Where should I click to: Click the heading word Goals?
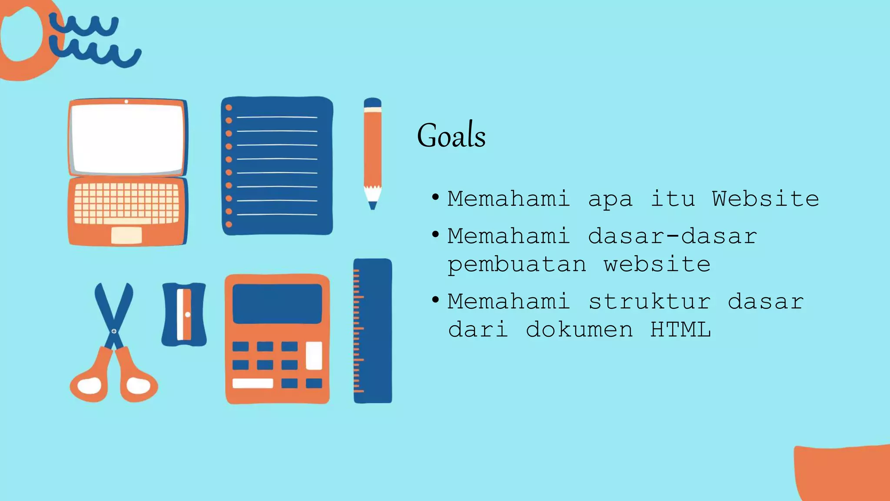[451, 136]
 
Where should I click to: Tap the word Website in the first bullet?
[765, 199]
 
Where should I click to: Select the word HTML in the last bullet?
[681, 329]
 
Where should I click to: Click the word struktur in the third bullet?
[649, 301]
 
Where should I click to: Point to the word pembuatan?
[517, 265]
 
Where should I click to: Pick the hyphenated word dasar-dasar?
[672, 236]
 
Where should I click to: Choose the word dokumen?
[579, 329]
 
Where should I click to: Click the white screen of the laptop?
[127, 138]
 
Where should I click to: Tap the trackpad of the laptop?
[126, 235]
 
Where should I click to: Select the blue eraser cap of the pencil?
[372, 103]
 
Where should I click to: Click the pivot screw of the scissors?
[114, 331]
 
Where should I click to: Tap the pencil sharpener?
[184, 314]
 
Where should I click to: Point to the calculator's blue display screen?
[277, 304]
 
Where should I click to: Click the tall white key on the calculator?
[314, 355]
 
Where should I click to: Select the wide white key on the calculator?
[252, 383]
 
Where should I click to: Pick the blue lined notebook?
[277, 166]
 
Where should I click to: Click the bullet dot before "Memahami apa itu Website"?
[435, 197]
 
